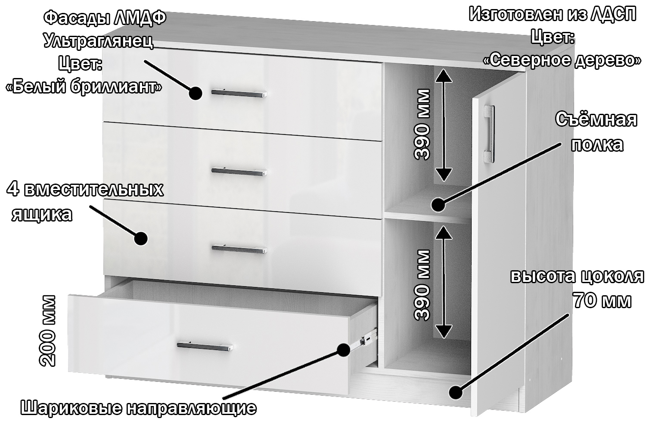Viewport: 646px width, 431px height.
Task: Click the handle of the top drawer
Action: [x=239, y=93]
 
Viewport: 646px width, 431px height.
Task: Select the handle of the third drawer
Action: [x=239, y=249]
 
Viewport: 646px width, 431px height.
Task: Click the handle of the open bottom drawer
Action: [x=205, y=346]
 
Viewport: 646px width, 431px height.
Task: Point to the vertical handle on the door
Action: [x=489, y=134]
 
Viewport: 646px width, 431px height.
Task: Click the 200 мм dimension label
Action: [x=47, y=331]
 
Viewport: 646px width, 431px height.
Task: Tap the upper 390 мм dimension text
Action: [x=422, y=125]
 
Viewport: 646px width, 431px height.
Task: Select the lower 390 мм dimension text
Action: [x=422, y=285]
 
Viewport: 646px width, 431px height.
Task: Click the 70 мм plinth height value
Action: [x=602, y=300]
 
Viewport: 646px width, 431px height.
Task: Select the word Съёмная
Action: [x=596, y=119]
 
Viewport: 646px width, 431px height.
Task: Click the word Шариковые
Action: [x=71, y=408]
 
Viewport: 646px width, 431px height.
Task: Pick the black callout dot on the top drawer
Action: [x=195, y=93]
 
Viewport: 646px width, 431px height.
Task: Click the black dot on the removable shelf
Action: [x=438, y=205]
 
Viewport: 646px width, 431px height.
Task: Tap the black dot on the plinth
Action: [x=456, y=392]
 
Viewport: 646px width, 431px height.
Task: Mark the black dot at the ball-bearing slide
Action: [x=343, y=350]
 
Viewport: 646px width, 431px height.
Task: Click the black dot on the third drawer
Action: [x=141, y=238]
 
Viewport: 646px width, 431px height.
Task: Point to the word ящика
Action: [x=42, y=215]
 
